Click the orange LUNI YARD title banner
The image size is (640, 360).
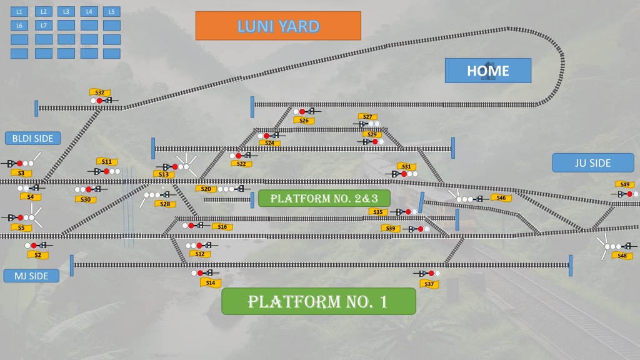(278, 26)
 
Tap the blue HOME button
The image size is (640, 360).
(488, 71)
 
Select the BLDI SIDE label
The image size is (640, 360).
(32, 138)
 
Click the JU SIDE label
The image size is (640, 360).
(593, 163)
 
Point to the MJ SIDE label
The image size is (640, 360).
(31, 276)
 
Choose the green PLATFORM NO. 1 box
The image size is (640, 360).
(318, 301)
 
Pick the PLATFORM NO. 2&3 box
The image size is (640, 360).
(324, 198)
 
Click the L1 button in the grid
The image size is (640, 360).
(19, 12)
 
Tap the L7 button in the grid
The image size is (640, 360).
(44, 25)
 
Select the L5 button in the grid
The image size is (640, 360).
(111, 12)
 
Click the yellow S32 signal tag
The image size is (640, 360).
(99, 92)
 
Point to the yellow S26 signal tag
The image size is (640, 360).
(304, 121)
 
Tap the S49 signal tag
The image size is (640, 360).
(625, 184)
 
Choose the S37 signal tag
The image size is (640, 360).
(429, 284)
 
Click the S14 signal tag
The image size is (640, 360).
(211, 283)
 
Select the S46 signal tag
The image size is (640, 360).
(501, 198)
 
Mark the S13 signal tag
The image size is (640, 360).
(164, 174)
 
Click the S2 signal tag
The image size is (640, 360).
(38, 255)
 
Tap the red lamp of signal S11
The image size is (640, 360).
(106, 171)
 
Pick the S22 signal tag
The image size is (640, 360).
(241, 164)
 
